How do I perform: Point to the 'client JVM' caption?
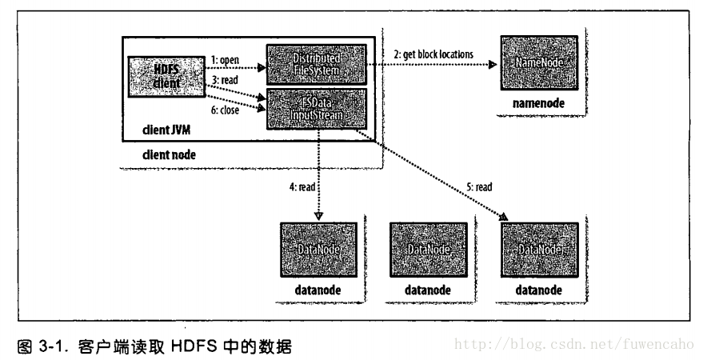coord(169,131)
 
